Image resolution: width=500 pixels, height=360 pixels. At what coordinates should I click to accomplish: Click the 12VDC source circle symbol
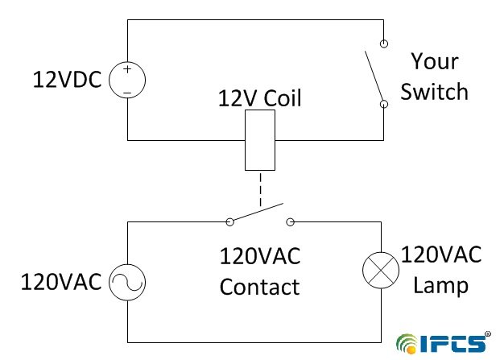tap(127, 81)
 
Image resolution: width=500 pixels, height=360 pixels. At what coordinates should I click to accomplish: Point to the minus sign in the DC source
tap(127, 92)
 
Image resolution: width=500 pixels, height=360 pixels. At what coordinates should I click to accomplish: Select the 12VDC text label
tap(68, 81)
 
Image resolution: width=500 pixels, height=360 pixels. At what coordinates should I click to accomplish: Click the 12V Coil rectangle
tap(259, 140)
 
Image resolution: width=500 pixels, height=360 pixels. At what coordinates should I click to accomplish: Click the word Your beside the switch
tap(435, 61)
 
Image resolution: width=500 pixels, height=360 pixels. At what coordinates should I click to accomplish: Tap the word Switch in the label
tap(435, 91)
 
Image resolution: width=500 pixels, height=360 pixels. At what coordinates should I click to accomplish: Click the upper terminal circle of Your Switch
tap(385, 42)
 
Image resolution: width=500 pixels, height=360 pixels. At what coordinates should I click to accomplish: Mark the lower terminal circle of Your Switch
tap(385, 104)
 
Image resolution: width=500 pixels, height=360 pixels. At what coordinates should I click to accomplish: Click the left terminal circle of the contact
tap(229, 221)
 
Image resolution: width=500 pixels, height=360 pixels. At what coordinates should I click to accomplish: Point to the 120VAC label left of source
tap(61, 283)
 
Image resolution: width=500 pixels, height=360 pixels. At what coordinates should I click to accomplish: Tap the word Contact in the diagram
tap(259, 287)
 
